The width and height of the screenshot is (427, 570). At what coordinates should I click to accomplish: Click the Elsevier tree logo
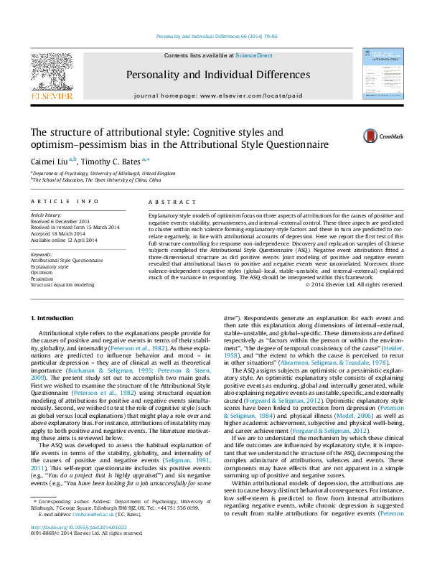point(52,73)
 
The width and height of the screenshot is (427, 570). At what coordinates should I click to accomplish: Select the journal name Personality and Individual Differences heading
point(218,75)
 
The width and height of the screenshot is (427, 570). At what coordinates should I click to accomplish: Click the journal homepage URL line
point(218,95)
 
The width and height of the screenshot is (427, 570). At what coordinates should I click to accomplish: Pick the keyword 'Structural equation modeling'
point(62,284)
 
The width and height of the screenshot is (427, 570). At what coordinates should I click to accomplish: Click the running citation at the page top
point(216,36)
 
